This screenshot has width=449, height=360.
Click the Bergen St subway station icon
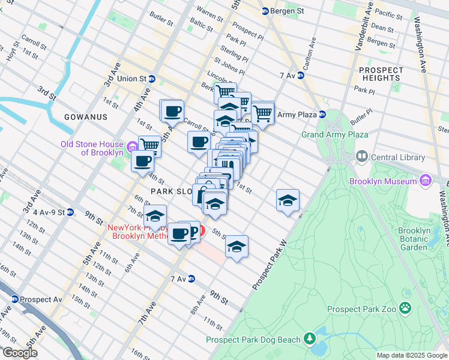(x=265, y=11)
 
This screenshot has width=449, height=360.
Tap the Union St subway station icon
(x=152, y=79)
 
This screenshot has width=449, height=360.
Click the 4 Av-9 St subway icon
(x=70, y=212)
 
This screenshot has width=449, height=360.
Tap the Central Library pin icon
(x=362, y=157)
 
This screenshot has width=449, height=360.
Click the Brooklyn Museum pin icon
(x=426, y=181)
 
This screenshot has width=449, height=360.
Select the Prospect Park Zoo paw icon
(x=406, y=309)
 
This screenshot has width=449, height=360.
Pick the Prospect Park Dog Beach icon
(x=309, y=340)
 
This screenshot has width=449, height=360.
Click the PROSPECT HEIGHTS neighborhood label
(x=381, y=74)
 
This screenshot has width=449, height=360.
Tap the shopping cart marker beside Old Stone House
(x=149, y=145)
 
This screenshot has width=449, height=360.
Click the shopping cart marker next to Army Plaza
(x=263, y=112)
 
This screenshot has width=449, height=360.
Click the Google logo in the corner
(x=20, y=353)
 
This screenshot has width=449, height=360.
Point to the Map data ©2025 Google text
(x=412, y=355)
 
